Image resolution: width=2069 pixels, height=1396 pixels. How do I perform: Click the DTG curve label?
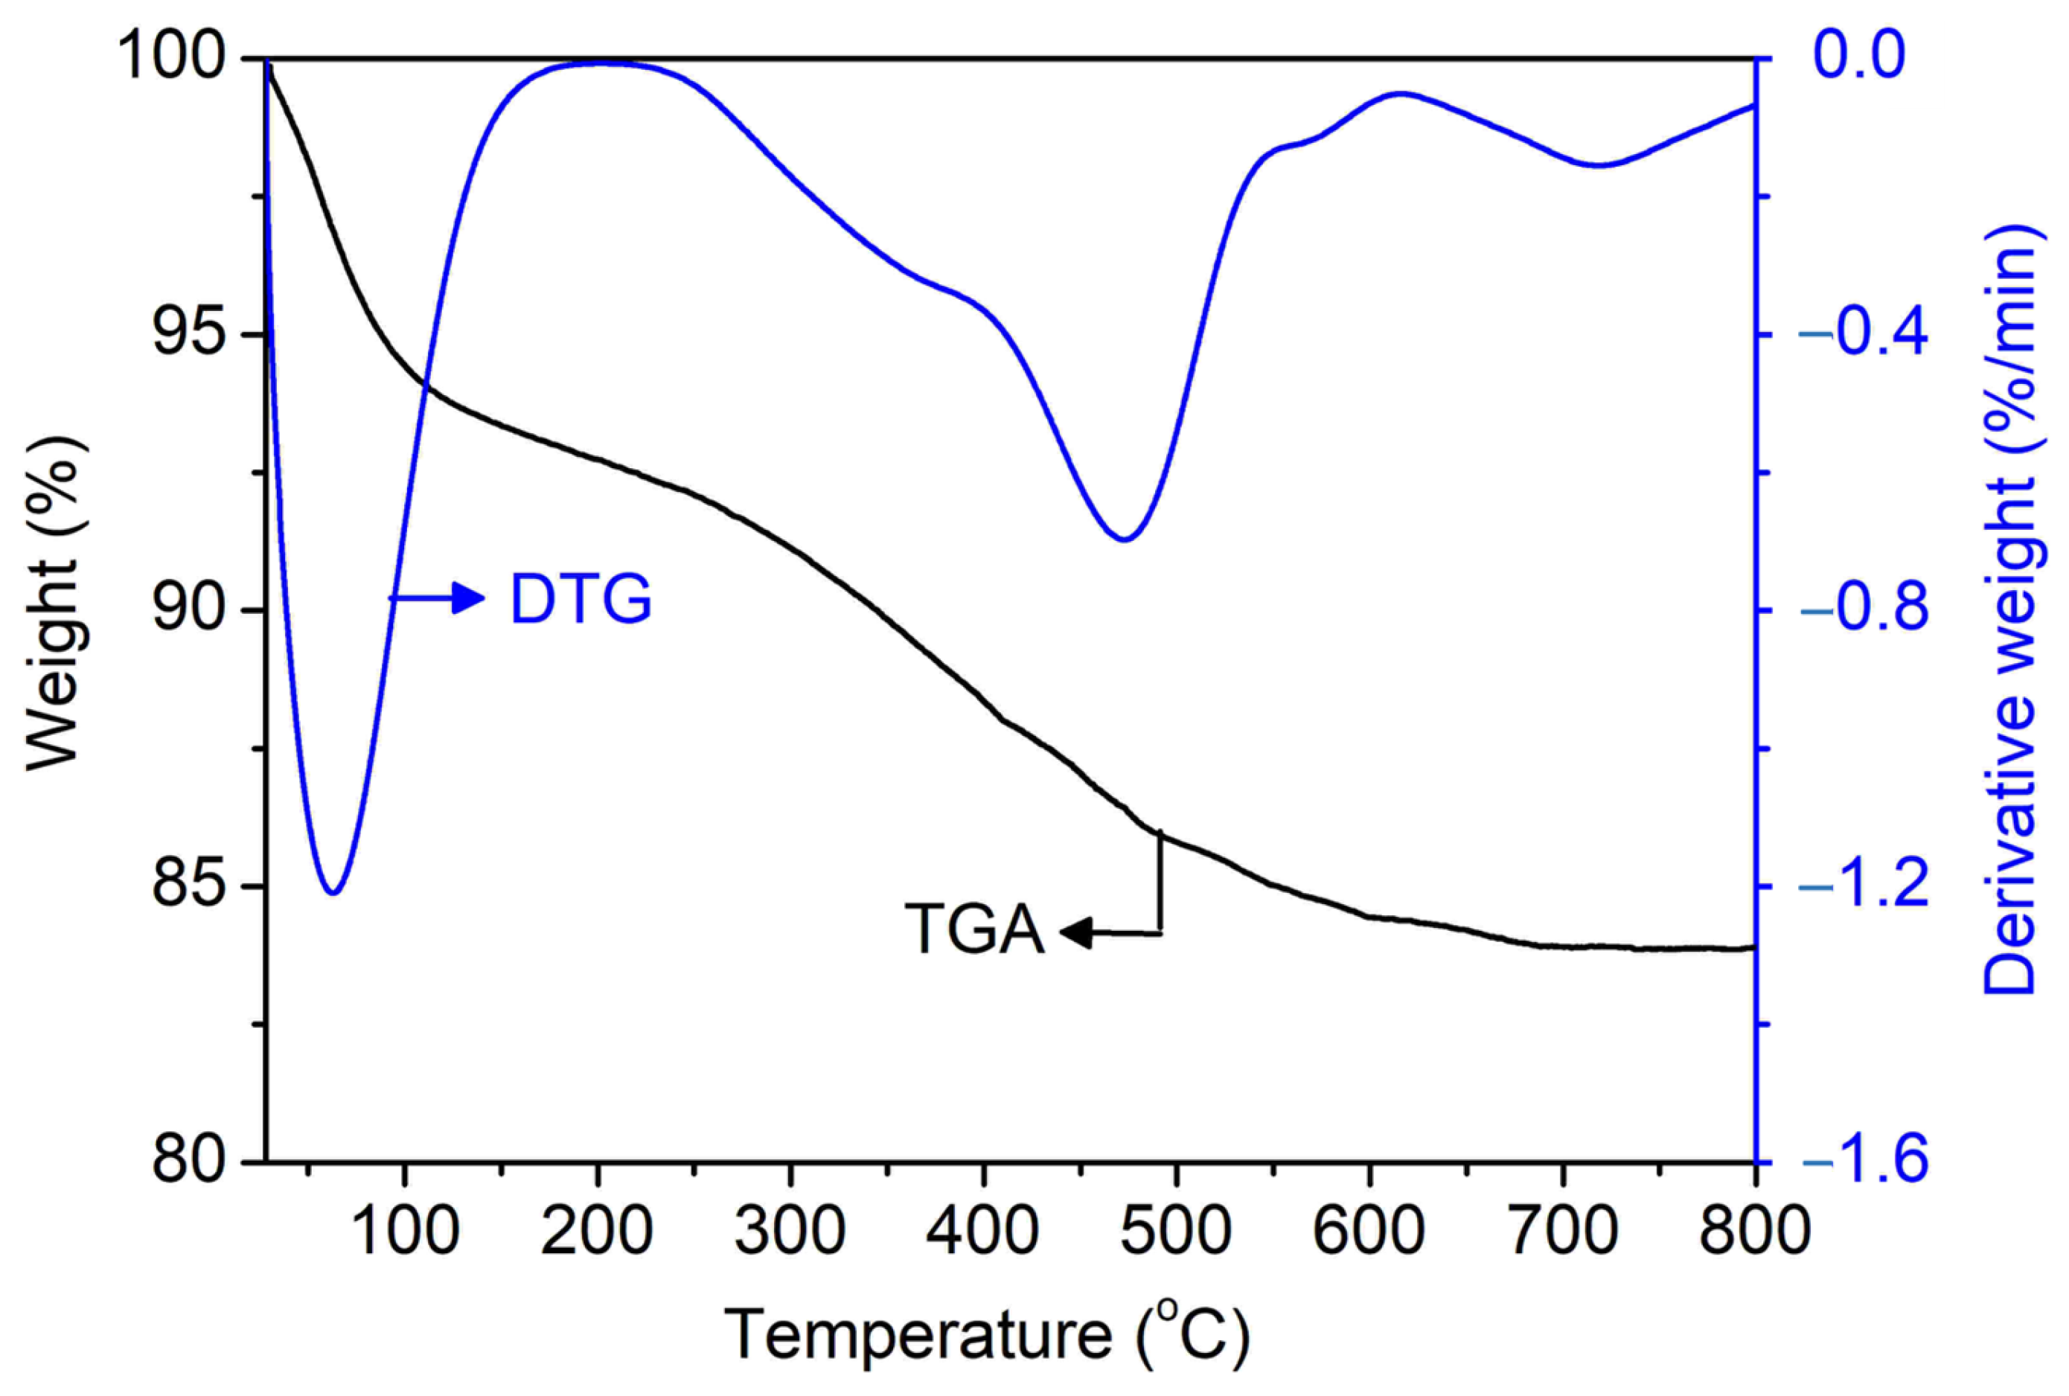coord(581,599)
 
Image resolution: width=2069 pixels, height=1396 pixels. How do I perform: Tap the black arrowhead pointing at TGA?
coord(1075,933)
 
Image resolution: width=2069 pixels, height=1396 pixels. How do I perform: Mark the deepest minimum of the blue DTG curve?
coord(333,892)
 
